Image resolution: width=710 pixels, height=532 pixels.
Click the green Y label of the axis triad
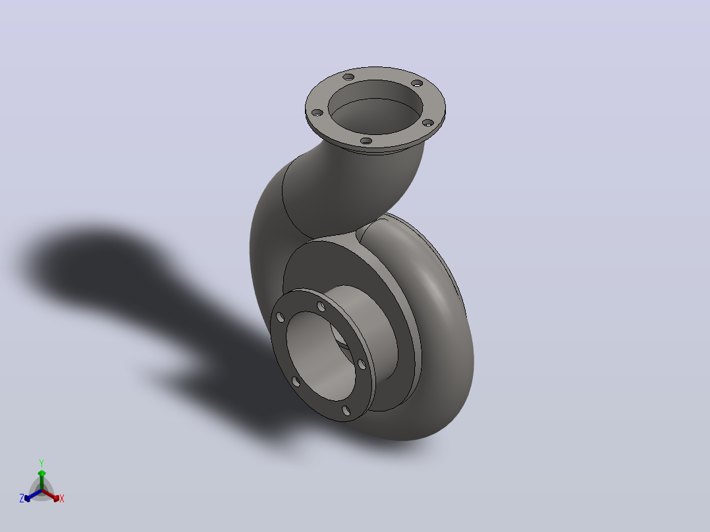(41, 463)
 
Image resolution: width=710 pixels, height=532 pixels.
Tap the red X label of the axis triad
(62, 498)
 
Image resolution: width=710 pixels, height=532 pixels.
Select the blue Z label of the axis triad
(21, 498)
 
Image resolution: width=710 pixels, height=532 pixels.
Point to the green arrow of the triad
(41, 480)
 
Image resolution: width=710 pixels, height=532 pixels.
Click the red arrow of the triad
(51, 495)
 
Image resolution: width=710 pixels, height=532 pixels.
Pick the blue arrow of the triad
(33, 495)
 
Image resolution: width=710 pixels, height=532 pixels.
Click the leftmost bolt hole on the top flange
(317, 113)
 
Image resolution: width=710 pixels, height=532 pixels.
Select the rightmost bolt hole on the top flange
(428, 122)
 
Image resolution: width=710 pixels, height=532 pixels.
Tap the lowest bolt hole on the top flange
(366, 141)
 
